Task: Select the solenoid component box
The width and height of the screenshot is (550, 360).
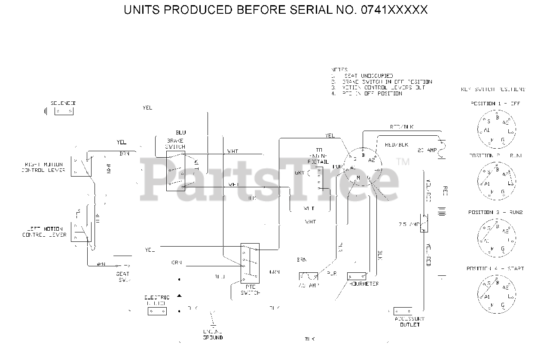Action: [64, 111]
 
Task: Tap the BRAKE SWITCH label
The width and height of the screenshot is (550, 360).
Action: [176, 143]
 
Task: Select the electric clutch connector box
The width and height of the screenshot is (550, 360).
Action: [157, 311]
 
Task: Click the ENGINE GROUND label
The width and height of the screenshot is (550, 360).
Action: [213, 335]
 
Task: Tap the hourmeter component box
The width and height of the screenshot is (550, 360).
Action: [357, 276]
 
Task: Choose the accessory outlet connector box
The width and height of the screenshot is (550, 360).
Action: [403, 311]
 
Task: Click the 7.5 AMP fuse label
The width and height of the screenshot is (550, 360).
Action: [409, 225]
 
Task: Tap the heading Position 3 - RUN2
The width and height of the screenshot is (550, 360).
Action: [495, 212]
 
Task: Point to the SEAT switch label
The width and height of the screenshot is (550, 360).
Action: [123, 277]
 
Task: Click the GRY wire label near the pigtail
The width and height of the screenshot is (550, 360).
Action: [299, 173]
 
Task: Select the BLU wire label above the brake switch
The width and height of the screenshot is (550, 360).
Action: [180, 132]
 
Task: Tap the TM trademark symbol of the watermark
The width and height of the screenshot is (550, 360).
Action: [403, 162]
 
